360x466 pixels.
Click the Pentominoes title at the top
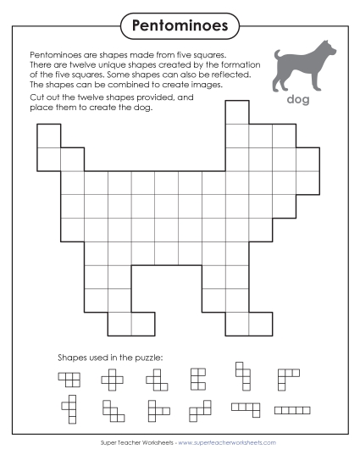tap(180, 26)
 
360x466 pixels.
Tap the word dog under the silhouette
tap(299, 100)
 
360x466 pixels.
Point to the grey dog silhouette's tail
tap(279, 57)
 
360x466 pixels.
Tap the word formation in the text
tap(227, 64)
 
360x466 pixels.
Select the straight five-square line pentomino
tap(292, 410)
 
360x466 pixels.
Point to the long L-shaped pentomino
tap(246, 409)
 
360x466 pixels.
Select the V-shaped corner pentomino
tap(288, 376)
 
